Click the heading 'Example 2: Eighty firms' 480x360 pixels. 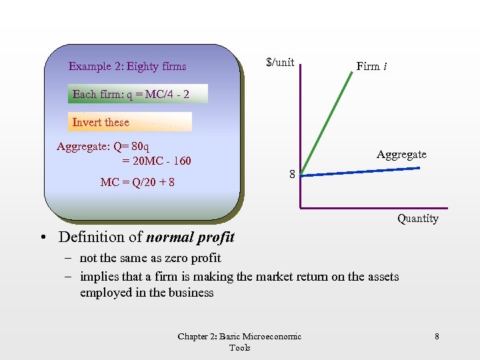[127, 67]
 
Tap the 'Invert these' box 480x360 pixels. [130, 122]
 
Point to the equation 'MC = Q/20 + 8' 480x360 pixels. [137, 181]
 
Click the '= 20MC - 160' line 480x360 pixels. [157, 161]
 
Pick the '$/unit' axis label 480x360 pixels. [280, 63]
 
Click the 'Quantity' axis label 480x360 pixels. [418, 219]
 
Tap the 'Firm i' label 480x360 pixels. [373, 67]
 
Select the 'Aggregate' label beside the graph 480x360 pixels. [401, 155]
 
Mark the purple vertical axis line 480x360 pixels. [301, 133]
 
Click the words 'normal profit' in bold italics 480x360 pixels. [190, 237]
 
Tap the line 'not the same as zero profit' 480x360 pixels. [150, 258]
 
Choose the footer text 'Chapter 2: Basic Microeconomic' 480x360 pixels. [239, 337]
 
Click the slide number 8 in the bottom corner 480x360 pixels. [437, 337]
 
